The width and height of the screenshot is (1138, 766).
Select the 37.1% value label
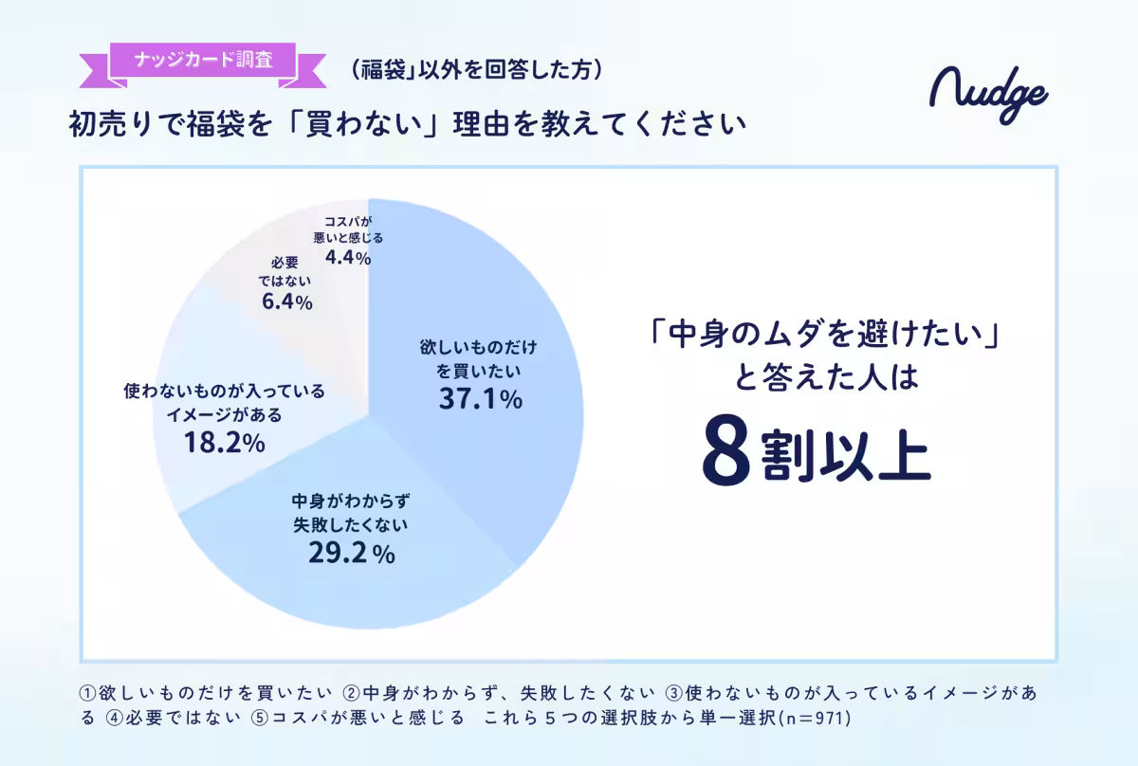point(481,399)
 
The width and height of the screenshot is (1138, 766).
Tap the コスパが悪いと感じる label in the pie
point(347,230)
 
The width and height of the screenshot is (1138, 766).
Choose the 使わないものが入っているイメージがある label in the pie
point(225,402)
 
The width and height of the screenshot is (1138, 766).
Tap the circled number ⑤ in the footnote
point(260,719)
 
